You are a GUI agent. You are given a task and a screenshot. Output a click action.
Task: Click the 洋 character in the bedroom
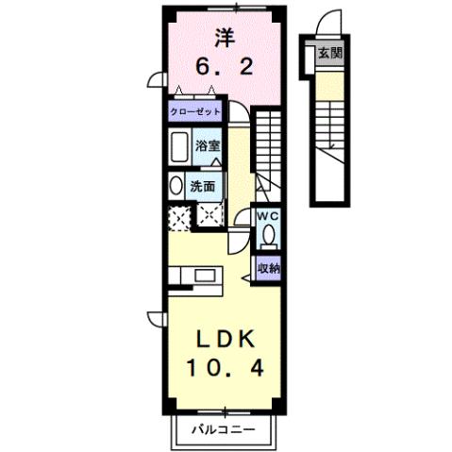pos(224,39)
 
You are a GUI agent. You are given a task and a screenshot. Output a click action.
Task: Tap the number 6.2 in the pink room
pos(224,67)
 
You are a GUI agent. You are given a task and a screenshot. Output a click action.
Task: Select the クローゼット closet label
pos(195,111)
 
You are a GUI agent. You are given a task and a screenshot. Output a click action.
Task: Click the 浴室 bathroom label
pos(208,146)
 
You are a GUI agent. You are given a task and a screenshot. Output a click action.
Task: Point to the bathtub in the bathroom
pos(179,147)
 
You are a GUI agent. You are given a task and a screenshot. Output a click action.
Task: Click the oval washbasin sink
pos(176,185)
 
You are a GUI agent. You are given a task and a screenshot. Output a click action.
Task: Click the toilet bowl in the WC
pos(269,234)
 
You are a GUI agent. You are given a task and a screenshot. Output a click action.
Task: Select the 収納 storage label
pos(268,269)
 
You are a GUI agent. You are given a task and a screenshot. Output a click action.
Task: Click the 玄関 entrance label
pos(329,53)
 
